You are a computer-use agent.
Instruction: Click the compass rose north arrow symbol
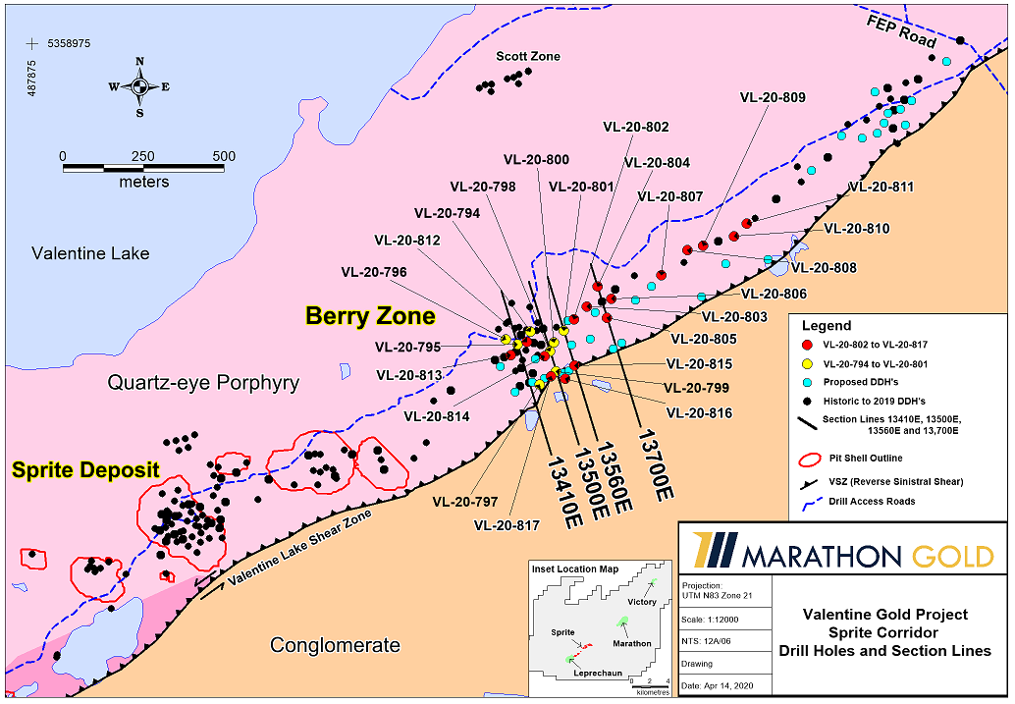139,86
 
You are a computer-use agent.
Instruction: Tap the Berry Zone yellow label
370,316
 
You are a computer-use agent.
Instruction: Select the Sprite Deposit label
85,470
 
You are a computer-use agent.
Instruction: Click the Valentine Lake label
90,253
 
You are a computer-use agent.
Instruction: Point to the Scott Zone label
528,57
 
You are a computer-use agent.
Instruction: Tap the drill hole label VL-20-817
507,525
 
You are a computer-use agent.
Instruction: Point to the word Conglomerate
335,645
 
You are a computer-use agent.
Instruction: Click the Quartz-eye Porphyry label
203,383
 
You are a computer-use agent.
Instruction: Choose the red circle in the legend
806,346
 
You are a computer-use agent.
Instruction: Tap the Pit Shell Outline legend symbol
810,458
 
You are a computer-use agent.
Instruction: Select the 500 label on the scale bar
224,156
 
